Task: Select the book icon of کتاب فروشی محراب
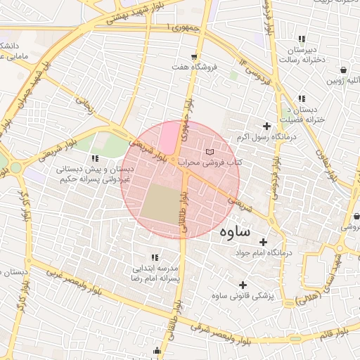[209, 152]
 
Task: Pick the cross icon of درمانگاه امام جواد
[263, 241]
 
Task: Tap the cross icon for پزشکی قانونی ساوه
[243, 285]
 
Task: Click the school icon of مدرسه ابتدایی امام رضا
[154, 257]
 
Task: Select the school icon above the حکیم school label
[95, 158]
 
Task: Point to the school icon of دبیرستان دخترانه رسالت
[302, 39]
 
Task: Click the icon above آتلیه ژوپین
[343, 70]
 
